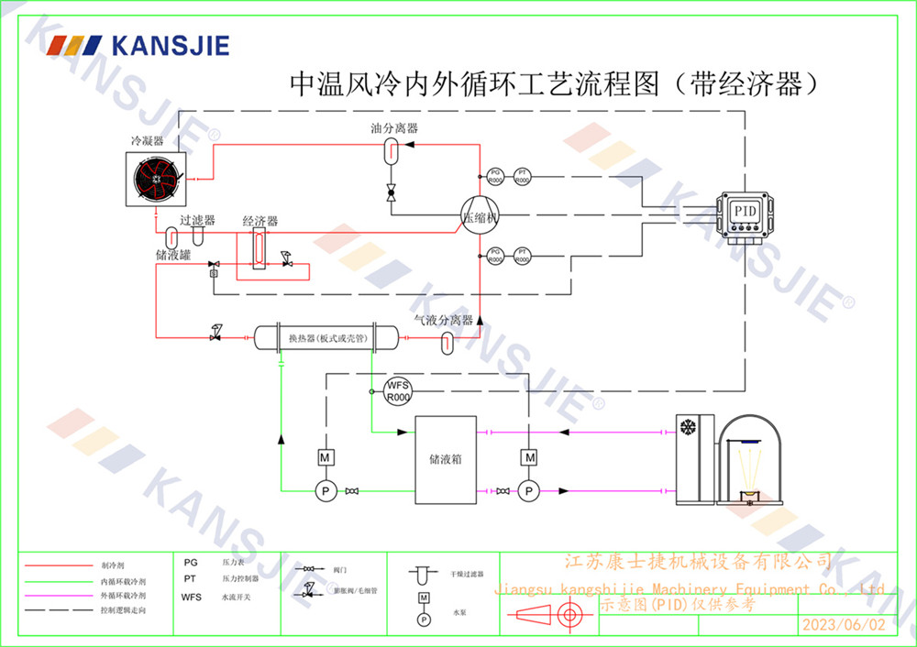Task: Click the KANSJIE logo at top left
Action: pos(138,46)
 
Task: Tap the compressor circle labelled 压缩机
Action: pos(479,216)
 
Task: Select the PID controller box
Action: pos(745,212)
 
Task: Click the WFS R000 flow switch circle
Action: pos(398,390)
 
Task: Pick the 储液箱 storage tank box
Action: pos(446,459)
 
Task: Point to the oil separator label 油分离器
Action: pos(394,129)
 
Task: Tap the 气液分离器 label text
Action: pos(443,320)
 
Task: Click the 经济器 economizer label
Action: pos(260,222)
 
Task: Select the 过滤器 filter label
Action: pos(197,221)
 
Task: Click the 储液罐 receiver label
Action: pos(172,255)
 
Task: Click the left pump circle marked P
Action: pos(325,492)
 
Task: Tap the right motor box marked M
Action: pos(529,456)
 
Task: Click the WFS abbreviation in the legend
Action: pos(191,598)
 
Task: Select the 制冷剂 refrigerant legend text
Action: pos(112,565)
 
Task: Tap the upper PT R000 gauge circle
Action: pos(523,176)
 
